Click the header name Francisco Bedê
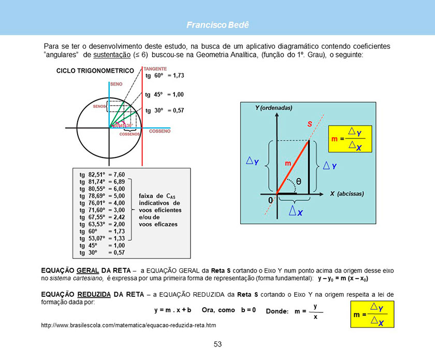[218, 24]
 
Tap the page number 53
[218, 344]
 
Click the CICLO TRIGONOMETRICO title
[95, 70]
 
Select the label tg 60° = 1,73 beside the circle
[165, 76]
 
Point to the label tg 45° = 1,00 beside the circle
[165, 95]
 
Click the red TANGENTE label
[155, 68]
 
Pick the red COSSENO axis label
[160, 132]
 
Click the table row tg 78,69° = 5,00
[102, 196]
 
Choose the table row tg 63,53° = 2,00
[102, 224]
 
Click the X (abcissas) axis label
[347, 194]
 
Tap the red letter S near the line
[309, 124]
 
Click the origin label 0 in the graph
[270, 199]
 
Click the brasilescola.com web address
[128, 325]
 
